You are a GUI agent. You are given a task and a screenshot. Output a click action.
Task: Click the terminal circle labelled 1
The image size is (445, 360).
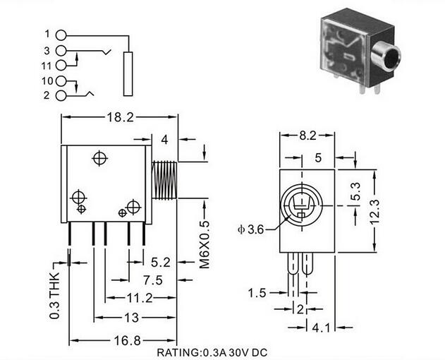(x=61, y=35)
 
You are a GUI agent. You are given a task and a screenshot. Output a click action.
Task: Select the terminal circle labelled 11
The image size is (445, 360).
(x=61, y=66)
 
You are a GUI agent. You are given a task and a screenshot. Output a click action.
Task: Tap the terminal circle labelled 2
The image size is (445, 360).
(x=61, y=96)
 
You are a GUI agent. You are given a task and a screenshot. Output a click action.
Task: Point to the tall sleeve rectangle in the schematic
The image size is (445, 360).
(x=128, y=74)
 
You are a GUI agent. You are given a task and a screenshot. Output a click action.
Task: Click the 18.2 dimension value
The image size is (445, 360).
(x=120, y=117)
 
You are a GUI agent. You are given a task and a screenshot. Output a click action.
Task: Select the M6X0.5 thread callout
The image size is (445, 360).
(x=205, y=244)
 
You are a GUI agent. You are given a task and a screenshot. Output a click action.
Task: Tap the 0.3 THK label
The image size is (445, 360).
(x=54, y=296)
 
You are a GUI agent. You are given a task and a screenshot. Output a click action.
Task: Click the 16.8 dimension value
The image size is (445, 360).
(x=127, y=340)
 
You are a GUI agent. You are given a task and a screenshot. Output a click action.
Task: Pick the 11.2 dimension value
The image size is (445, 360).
(x=140, y=298)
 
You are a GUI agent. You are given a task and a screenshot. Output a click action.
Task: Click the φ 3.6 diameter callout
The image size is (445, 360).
(x=251, y=229)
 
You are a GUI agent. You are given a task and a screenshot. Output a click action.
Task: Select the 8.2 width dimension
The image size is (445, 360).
(x=307, y=136)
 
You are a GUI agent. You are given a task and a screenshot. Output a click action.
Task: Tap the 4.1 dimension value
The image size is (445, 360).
(x=322, y=328)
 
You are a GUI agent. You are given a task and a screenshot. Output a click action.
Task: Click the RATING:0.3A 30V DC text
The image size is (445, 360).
(x=212, y=353)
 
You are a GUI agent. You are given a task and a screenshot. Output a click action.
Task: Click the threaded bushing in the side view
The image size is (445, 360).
(x=164, y=180)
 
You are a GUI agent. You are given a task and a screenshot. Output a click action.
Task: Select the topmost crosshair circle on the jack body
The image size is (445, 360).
(x=99, y=158)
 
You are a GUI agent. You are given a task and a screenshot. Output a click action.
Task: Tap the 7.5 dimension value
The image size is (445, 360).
(x=153, y=280)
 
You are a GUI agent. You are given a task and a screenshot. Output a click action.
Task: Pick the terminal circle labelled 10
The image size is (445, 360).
(x=61, y=81)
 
